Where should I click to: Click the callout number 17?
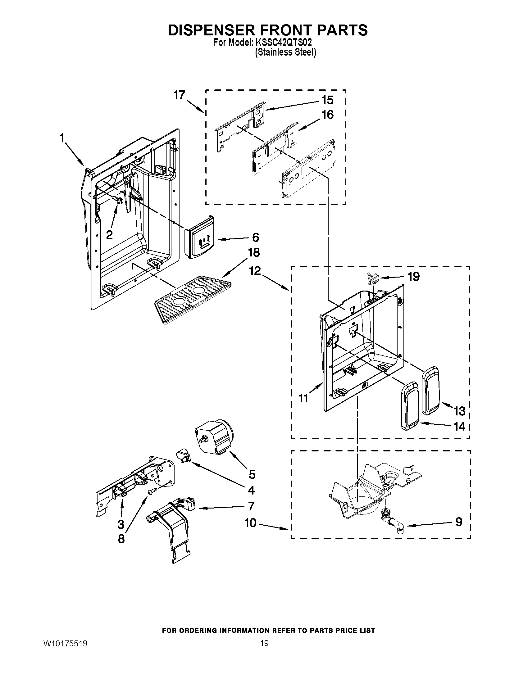180,95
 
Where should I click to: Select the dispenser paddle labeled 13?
431,391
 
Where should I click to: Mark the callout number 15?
327,100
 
